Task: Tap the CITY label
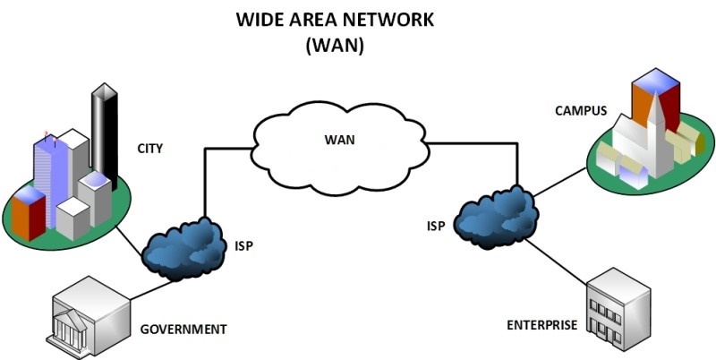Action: (x=150, y=149)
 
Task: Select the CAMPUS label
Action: (x=581, y=112)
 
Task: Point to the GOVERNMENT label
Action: (x=183, y=329)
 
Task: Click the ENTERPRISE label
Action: (x=541, y=324)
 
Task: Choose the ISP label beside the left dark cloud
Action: (x=243, y=245)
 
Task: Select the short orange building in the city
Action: (x=28, y=214)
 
